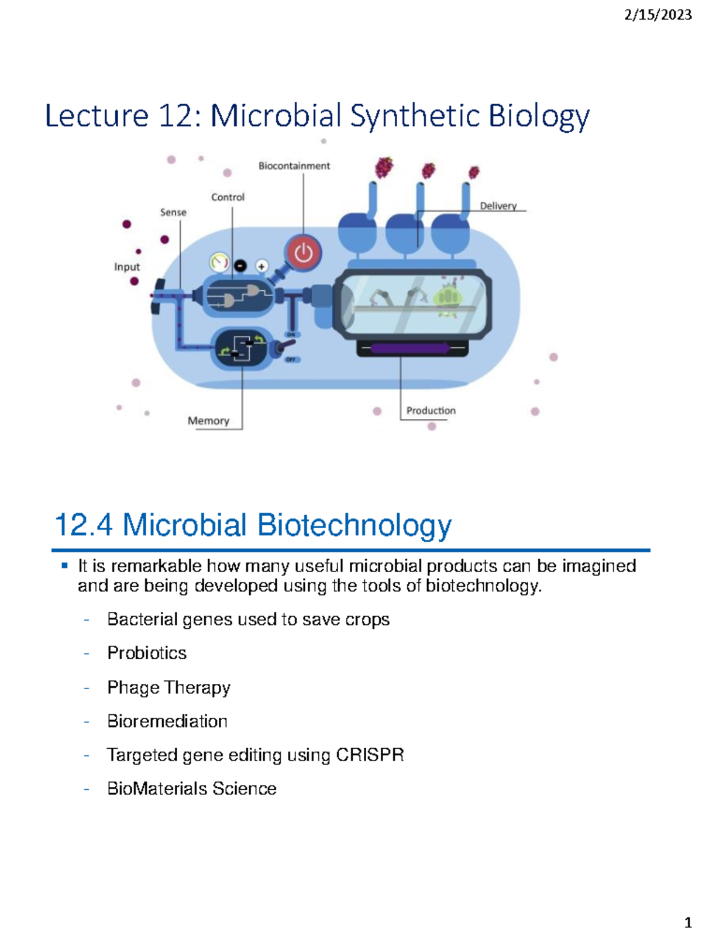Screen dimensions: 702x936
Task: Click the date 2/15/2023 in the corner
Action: pyautogui.click(x=658, y=15)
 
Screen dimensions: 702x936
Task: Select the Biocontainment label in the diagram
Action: pyautogui.click(x=294, y=166)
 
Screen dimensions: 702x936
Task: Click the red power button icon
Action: pyautogui.click(x=304, y=253)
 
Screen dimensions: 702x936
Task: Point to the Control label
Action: pyautogui.click(x=228, y=197)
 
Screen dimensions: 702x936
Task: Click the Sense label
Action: pyautogui.click(x=173, y=212)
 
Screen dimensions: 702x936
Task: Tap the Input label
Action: pyautogui.click(x=127, y=267)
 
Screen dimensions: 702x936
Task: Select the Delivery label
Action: pyautogui.click(x=498, y=206)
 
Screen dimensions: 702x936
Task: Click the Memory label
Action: pyautogui.click(x=208, y=421)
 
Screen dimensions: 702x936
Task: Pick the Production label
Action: pyautogui.click(x=431, y=410)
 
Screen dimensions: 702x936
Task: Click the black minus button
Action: pyautogui.click(x=240, y=266)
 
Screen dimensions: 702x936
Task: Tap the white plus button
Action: pyautogui.click(x=261, y=267)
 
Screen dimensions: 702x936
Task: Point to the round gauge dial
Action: pyautogui.click(x=219, y=263)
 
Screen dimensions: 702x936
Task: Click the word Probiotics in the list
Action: pyautogui.click(x=147, y=652)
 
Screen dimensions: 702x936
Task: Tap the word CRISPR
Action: pyautogui.click(x=370, y=755)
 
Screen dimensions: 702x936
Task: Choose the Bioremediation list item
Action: pyautogui.click(x=167, y=721)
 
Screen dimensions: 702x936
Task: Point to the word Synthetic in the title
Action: pyautogui.click(x=415, y=116)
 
